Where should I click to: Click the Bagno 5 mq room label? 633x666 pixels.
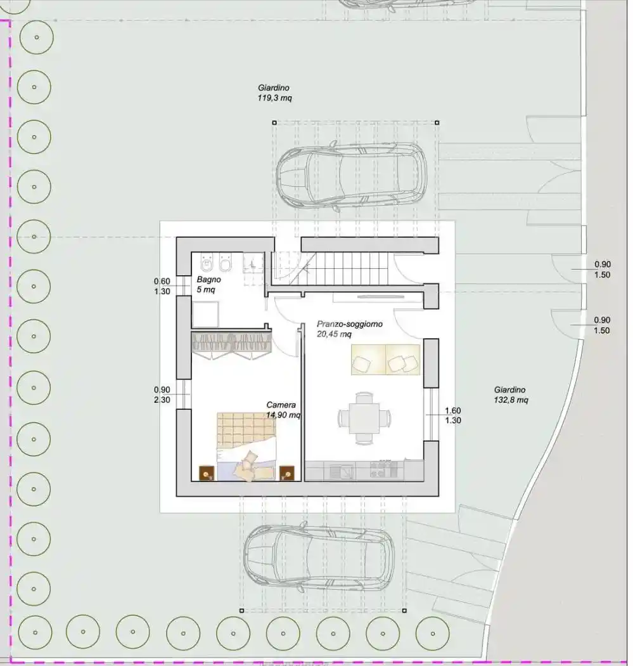coord(207,284)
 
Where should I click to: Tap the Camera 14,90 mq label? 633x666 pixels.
coord(283,410)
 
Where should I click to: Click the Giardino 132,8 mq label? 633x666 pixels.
coord(511,395)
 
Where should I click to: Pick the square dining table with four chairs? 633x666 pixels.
coord(364,417)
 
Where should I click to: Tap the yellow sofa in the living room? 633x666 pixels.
coord(385,360)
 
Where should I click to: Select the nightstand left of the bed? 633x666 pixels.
coord(207,473)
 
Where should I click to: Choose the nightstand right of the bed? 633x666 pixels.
coord(287,473)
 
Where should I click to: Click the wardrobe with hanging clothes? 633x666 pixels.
coord(231,343)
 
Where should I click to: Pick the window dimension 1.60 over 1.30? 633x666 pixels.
coord(452,415)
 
